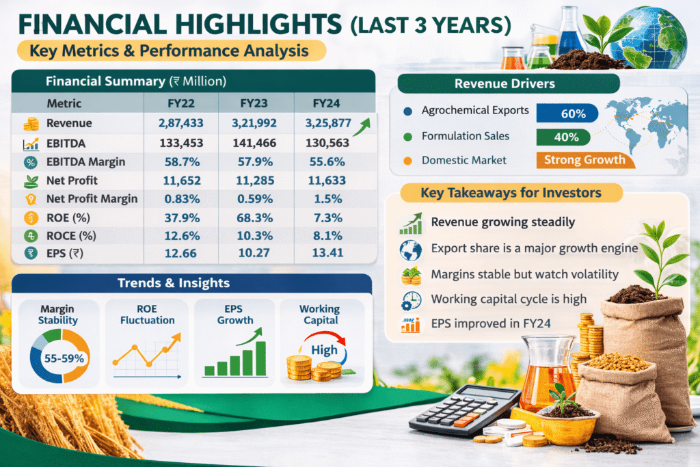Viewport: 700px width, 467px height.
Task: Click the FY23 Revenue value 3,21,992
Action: point(254,123)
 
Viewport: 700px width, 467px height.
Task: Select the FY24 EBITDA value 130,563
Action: point(327,143)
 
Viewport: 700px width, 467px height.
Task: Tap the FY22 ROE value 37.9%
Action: point(182,218)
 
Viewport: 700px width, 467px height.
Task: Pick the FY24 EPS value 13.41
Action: point(327,253)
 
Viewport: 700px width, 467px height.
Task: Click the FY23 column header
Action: point(254,103)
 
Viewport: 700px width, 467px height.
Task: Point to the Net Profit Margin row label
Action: point(92,199)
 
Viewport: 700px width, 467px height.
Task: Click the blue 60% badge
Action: point(567,114)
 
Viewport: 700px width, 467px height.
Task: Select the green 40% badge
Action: point(563,137)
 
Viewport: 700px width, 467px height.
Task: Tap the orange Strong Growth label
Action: point(585,160)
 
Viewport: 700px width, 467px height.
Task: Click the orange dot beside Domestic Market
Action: point(407,161)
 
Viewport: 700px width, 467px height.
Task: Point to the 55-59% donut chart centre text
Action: point(64,358)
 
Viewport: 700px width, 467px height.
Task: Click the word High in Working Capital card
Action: point(324,350)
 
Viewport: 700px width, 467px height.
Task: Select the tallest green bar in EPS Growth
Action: point(260,358)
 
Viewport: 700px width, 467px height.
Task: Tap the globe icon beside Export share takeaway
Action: point(411,250)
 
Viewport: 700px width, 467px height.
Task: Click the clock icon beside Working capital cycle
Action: point(411,301)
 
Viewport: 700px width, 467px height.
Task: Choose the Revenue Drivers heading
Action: point(504,83)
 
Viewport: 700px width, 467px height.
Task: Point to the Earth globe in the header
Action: point(649,37)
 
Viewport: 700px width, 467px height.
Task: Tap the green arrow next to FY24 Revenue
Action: point(362,126)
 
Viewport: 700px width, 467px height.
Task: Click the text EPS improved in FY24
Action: point(491,323)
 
